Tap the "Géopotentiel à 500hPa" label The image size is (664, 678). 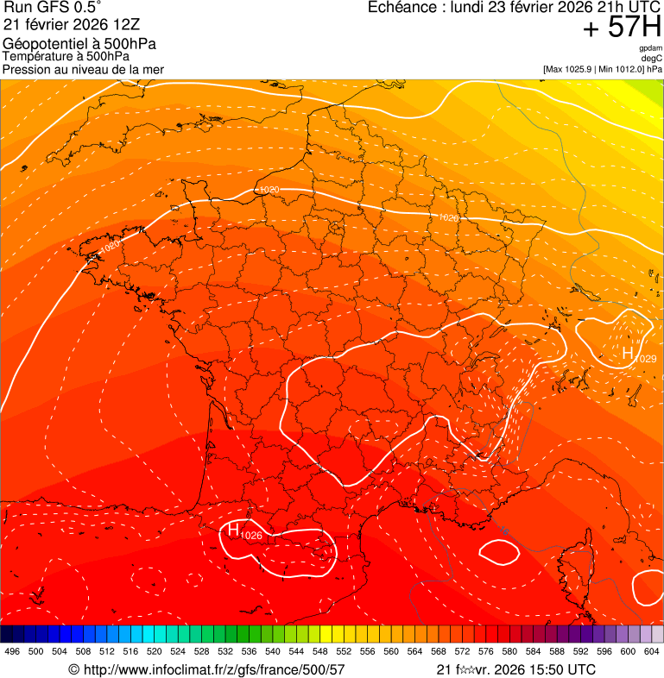point(79,44)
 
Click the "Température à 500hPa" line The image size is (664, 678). point(66,57)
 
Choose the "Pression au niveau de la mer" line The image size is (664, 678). point(83,69)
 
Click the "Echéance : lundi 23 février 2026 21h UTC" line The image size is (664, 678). point(515,8)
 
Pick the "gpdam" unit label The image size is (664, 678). point(650,48)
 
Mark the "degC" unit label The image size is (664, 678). point(652,58)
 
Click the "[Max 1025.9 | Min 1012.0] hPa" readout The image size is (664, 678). point(602,68)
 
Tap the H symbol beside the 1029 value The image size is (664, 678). point(628,353)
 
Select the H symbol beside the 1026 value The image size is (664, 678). point(233,530)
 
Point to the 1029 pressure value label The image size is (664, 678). point(646,359)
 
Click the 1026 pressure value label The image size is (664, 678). point(251,536)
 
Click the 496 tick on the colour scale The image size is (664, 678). point(12,652)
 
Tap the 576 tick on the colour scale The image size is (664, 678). point(486,652)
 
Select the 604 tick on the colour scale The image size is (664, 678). point(652,652)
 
